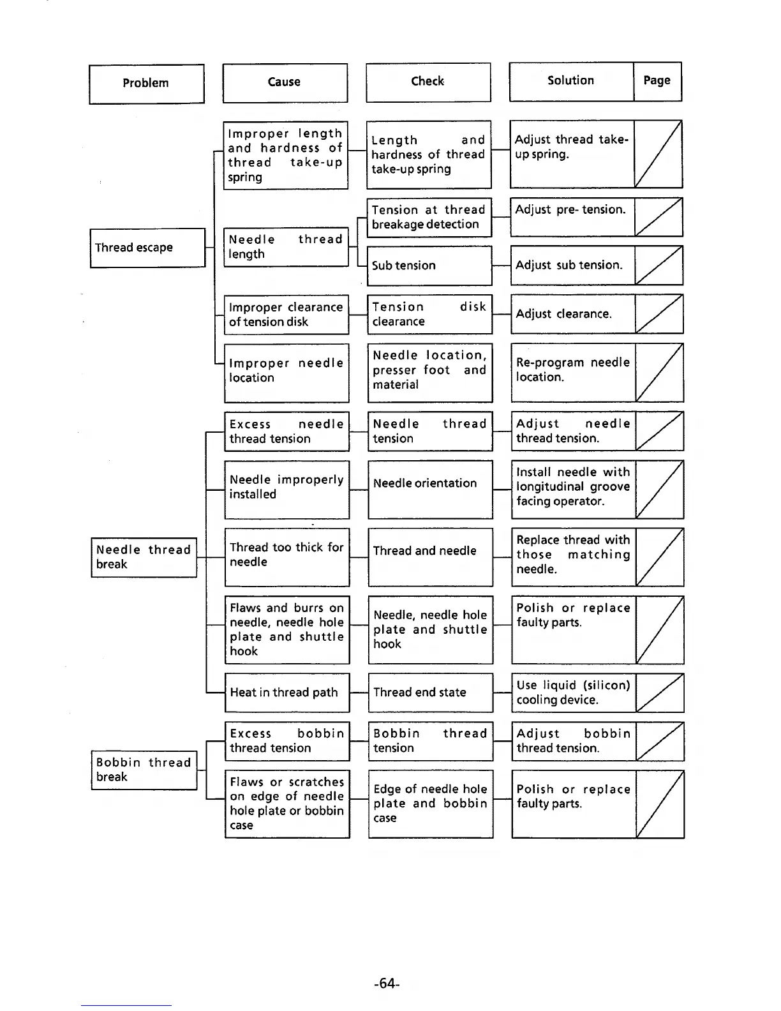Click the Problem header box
[x=146, y=84]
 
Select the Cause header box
[x=285, y=82]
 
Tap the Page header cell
[x=657, y=81]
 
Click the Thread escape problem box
[x=147, y=248]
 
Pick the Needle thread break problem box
[x=144, y=557]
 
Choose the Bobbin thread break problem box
[x=144, y=770]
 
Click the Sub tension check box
[x=429, y=266]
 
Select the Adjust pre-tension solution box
[x=572, y=217]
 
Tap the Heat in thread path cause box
[x=286, y=693]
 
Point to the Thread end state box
[x=430, y=693]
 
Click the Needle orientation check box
[x=430, y=489]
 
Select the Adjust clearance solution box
[x=572, y=314]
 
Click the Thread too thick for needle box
[x=286, y=557]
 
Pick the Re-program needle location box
[x=572, y=372]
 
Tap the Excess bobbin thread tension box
[x=286, y=741]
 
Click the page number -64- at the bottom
[x=387, y=984]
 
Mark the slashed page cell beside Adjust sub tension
[x=658, y=266]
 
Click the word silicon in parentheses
[x=606, y=685]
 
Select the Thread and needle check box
[x=430, y=557]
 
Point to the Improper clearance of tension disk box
[x=286, y=315]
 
